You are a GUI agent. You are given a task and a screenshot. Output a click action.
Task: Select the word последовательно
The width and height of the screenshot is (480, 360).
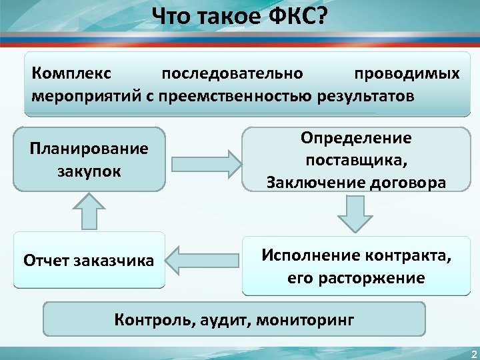tap(233, 72)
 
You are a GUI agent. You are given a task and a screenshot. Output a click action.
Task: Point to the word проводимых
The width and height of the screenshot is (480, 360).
tap(407, 72)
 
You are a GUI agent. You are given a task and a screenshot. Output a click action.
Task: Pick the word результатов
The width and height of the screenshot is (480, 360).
tap(366, 95)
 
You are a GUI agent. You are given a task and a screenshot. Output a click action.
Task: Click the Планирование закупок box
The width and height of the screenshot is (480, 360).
tap(89, 159)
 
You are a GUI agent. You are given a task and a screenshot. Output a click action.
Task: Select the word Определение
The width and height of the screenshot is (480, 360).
tap(356, 138)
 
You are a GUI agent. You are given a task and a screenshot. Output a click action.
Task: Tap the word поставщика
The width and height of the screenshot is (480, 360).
tap(356, 160)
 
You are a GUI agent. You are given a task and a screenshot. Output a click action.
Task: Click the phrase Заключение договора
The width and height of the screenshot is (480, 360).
tap(356, 182)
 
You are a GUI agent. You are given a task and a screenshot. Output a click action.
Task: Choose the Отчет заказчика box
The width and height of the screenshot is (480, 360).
tap(89, 259)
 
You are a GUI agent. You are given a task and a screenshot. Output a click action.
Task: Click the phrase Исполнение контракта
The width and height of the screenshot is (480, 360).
tap(356, 255)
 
